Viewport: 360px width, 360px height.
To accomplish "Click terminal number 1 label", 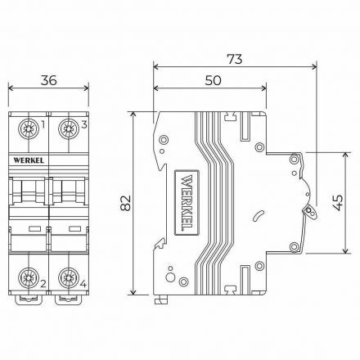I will pyautogui.click(x=43, y=124).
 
